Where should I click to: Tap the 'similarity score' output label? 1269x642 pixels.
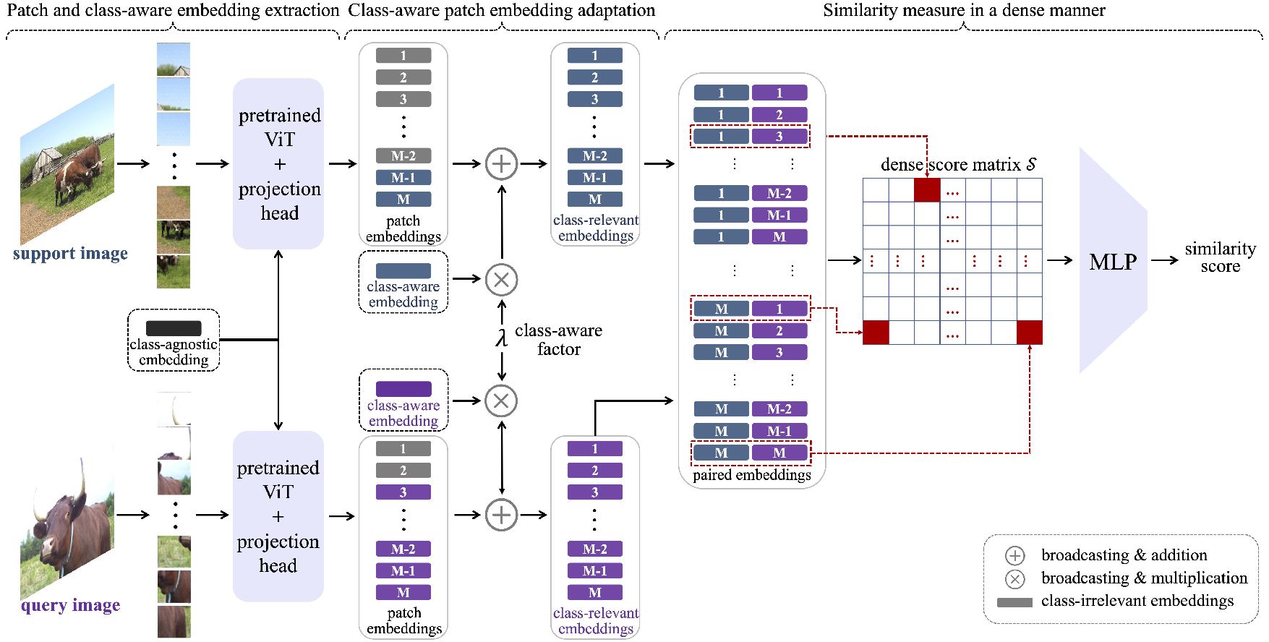pos(1220,257)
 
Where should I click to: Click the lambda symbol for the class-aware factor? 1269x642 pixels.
pos(501,338)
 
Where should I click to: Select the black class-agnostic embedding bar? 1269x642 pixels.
pos(174,328)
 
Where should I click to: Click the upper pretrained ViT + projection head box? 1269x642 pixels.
pos(278,164)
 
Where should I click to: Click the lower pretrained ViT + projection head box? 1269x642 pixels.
pos(278,516)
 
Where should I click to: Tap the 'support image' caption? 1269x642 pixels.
pos(70,254)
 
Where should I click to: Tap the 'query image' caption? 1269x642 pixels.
pos(70,606)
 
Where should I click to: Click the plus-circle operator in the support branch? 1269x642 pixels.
pos(501,163)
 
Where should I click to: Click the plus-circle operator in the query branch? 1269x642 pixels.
pos(501,515)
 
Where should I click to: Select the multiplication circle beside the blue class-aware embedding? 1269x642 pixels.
pos(501,279)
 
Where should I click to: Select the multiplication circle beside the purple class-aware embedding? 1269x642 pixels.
pos(501,401)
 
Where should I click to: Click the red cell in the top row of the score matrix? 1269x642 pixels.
pos(927,191)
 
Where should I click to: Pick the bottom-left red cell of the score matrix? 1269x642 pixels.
pos(876,333)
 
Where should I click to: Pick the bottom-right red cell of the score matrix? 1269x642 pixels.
pos(1029,333)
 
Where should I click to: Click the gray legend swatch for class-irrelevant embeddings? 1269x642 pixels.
pos(1014,602)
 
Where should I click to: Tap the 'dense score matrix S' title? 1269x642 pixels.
pos(958,165)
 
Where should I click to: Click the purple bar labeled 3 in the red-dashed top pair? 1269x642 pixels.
pos(779,137)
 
